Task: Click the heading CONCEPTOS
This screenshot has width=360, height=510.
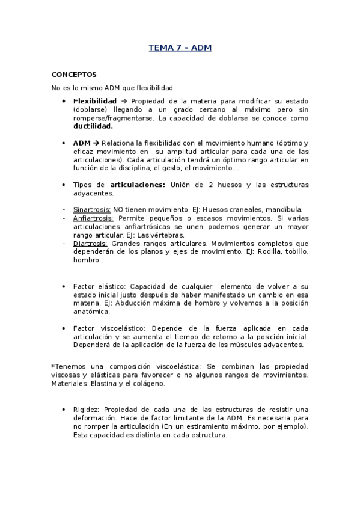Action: pos(74,75)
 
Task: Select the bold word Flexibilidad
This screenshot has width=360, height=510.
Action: pos(94,101)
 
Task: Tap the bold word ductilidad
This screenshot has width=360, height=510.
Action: pos(93,127)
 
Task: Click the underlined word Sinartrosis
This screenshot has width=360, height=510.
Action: pos(89,209)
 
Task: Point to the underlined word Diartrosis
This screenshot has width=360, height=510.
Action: pos(90,243)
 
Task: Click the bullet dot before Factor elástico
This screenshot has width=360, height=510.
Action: pos(63,287)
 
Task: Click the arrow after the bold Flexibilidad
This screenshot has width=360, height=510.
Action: pos(123,101)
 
